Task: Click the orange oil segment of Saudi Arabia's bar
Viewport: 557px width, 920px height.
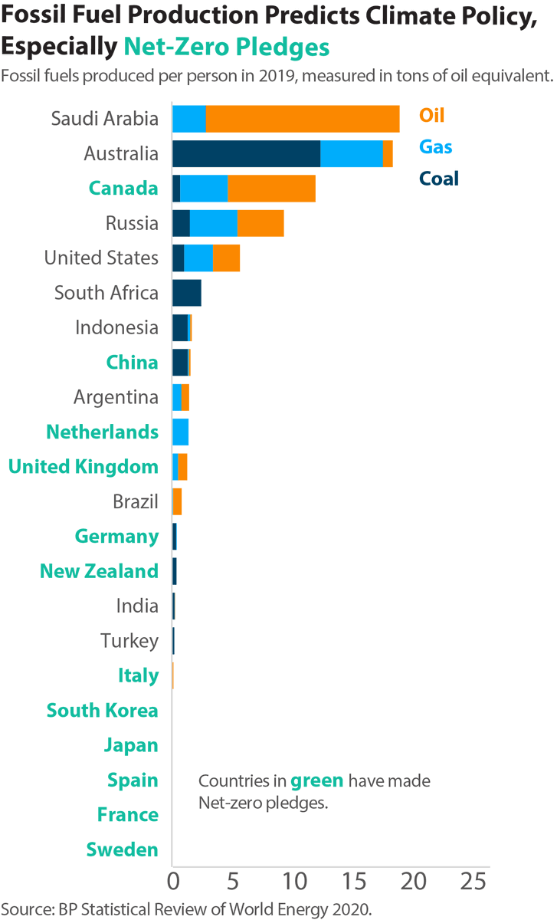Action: (x=303, y=119)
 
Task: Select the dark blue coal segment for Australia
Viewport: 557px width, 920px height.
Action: (x=246, y=153)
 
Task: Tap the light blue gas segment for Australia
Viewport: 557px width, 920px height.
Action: (x=351, y=153)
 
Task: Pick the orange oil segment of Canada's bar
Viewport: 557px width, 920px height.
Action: (x=271, y=189)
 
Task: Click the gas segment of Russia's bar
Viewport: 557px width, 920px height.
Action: (x=213, y=223)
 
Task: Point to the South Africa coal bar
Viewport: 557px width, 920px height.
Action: (x=186, y=293)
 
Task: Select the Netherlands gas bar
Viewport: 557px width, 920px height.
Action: (x=180, y=432)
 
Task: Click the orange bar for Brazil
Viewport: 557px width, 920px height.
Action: (x=177, y=502)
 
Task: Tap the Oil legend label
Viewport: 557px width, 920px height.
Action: (x=431, y=116)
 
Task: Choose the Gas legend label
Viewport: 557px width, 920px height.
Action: (x=435, y=147)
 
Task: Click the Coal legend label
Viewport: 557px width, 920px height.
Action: (x=438, y=179)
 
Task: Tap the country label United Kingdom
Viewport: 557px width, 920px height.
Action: (x=84, y=467)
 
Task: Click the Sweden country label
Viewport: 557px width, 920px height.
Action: (x=122, y=849)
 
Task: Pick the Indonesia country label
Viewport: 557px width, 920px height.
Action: (x=116, y=328)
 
